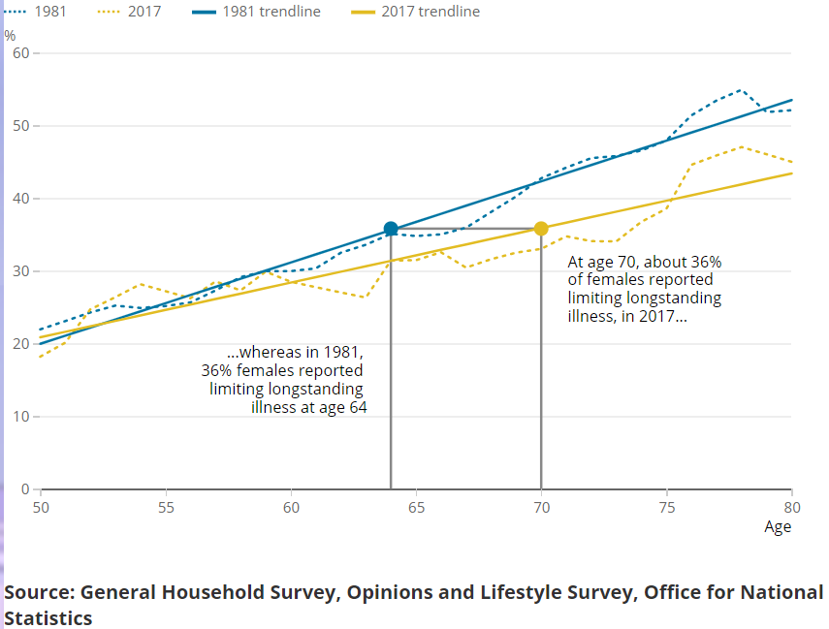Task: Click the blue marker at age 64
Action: pos(391,229)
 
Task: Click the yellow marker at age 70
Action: pos(541,229)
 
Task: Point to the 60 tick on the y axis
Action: pos(22,52)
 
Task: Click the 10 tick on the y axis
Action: pos(22,417)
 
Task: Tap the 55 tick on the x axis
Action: pos(166,507)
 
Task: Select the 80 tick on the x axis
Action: pos(792,507)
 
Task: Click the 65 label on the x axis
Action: pos(417,507)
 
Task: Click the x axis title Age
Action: pos(778,527)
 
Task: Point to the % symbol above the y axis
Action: pos(10,35)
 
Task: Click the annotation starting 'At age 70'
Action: pos(644,289)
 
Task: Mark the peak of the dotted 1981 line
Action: pos(741,90)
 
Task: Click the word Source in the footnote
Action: pos(39,592)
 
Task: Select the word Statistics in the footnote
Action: pos(48,617)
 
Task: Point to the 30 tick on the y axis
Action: pos(22,271)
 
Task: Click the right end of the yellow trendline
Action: pos(791,173)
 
